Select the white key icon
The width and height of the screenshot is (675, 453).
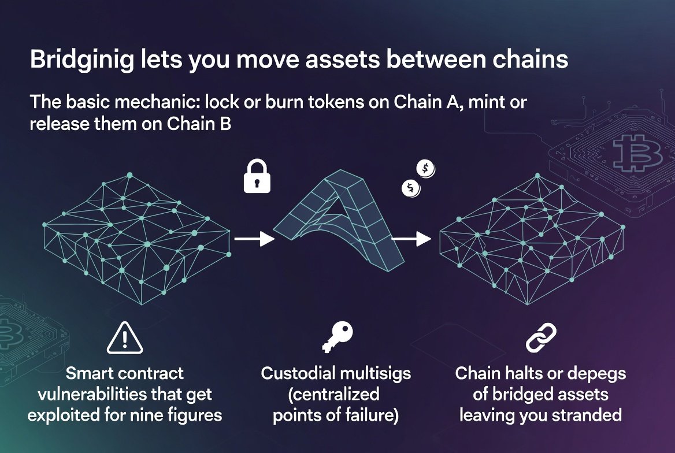click(x=337, y=337)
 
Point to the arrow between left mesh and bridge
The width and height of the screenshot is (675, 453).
click(x=254, y=237)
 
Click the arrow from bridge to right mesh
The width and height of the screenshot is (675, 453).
click(x=411, y=237)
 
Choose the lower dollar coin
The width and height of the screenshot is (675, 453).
click(x=411, y=187)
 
